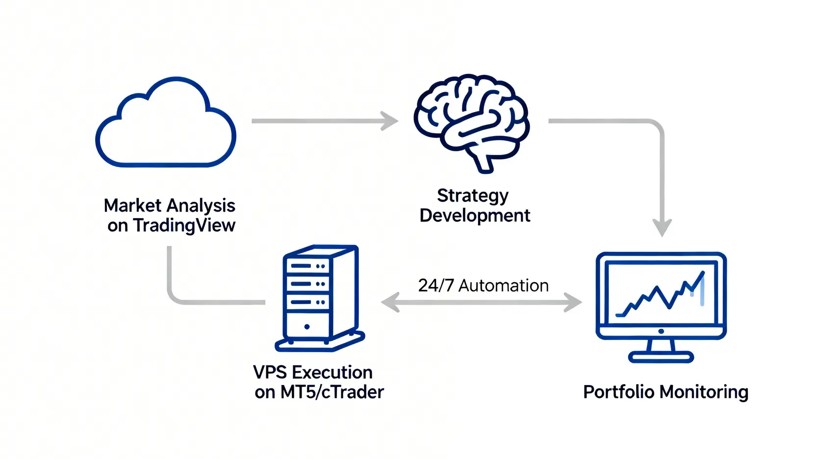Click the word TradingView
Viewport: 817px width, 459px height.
(184, 226)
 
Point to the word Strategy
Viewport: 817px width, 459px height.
(473, 196)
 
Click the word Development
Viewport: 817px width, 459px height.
(475, 216)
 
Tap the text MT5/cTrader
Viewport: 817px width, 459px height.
(332, 392)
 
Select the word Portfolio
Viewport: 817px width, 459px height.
(618, 392)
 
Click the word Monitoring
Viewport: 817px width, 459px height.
(704, 392)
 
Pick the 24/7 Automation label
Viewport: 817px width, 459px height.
(483, 286)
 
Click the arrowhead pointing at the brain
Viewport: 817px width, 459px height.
(390, 121)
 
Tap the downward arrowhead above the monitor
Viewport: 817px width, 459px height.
(662, 228)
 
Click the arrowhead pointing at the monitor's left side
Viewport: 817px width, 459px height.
(573, 302)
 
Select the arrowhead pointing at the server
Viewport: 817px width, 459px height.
(390, 302)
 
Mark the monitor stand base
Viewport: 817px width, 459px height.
(661, 357)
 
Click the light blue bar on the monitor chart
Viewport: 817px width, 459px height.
(702, 292)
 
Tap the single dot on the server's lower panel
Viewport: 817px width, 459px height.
(307, 327)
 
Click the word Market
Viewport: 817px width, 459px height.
(132, 206)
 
